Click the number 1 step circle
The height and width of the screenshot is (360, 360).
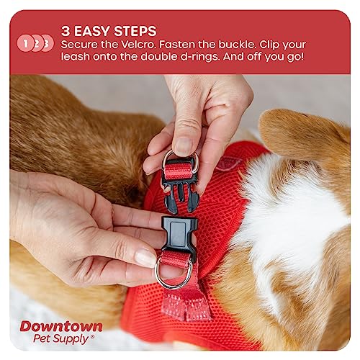pos(27,43)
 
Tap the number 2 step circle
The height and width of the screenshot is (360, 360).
pos(37,43)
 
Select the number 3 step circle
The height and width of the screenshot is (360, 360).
pos(47,43)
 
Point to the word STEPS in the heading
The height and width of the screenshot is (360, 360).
pos(137,31)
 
